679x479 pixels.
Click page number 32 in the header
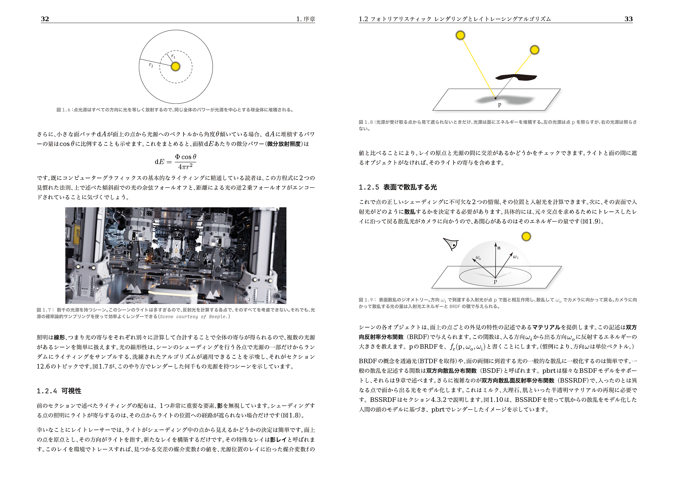click(x=45, y=19)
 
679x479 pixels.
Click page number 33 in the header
click(x=628, y=19)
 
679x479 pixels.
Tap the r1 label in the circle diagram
click(x=173, y=56)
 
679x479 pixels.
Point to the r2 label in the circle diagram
click(x=151, y=65)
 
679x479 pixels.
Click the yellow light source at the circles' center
click(x=176, y=67)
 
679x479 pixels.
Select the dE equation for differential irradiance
click(x=176, y=162)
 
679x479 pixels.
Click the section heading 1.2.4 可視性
click(x=59, y=391)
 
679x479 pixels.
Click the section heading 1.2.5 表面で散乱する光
click(x=398, y=187)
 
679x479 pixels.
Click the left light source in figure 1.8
click(x=460, y=35)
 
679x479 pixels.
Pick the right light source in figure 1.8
click(x=535, y=50)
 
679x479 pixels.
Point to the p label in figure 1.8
click(x=500, y=104)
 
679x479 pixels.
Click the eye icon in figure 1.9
click(x=451, y=244)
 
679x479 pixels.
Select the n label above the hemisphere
click(x=499, y=248)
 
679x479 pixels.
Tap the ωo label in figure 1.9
click(x=478, y=258)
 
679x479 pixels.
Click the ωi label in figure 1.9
click(x=515, y=257)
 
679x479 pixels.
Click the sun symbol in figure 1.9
click(x=526, y=236)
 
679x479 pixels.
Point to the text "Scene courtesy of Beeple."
click(x=195, y=316)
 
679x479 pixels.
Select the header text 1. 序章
click(x=306, y=19)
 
